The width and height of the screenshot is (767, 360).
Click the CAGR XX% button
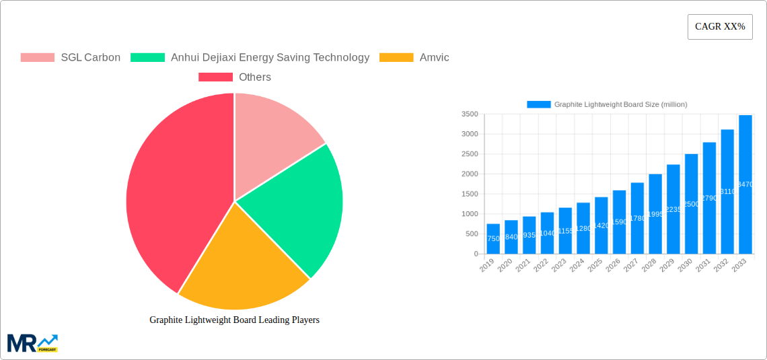point(720,27)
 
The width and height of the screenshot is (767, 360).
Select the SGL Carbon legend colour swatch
point(38,57)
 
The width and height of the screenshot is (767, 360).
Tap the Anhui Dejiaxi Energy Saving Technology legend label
point(270,57)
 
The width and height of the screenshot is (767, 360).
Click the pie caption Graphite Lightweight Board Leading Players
point(234,320)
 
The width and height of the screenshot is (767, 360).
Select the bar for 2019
point(493,239)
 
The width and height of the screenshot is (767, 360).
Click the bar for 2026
point(619,222)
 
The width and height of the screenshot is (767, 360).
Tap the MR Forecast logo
point(32,343)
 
